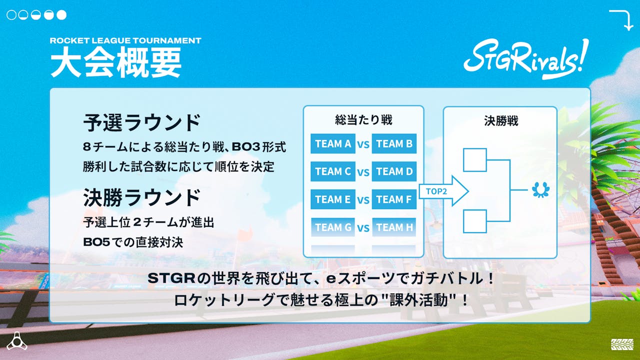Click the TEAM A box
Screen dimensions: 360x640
point(333,144)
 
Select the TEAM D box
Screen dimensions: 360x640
point(394,171)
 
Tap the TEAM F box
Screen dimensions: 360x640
point(394,199)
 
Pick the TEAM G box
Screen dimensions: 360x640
point(333,227)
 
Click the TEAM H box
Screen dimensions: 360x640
point(394,227)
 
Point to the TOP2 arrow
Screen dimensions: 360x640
point(442,191)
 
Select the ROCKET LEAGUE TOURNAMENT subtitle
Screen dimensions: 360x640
point(125,40)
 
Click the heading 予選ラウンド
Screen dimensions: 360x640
point(141,122)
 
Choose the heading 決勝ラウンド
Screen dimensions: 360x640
point(141,198)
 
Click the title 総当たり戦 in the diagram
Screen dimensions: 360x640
point(363,120)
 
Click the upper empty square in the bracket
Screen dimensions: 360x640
point(474,160)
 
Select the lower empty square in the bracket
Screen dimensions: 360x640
point(474,221)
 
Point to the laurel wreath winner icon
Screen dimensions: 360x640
point(541,190)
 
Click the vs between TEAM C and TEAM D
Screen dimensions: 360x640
point(363,172)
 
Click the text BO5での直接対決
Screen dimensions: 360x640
point(133,242)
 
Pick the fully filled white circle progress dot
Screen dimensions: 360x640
point(61,15)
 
